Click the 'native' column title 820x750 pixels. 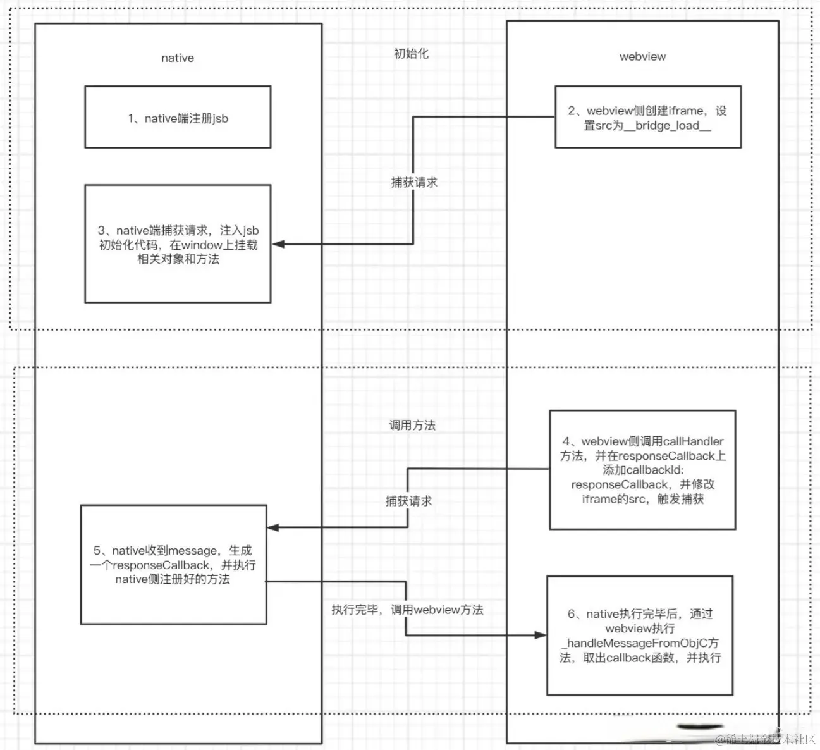click(x=177, y=58)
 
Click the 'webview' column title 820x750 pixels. click(x=642, y=57)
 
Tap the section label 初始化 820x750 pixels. click(x=411, y=54)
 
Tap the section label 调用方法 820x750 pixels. click(x=412, y=426)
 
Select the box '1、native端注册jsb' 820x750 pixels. click(x=178, y=118)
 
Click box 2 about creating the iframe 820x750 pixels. click(x=647, y=118)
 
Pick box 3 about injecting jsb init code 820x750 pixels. click(x=178, y=245)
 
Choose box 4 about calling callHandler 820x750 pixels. click(x=642, y=470)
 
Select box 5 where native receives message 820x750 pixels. click(x=173, y=565)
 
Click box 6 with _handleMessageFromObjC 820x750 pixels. click(x=640, y=636)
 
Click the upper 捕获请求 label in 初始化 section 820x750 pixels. click(x=414, y=183)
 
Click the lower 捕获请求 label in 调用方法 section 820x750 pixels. click(x=409, y=501)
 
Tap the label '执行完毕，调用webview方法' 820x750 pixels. click(x=407, y=610)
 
